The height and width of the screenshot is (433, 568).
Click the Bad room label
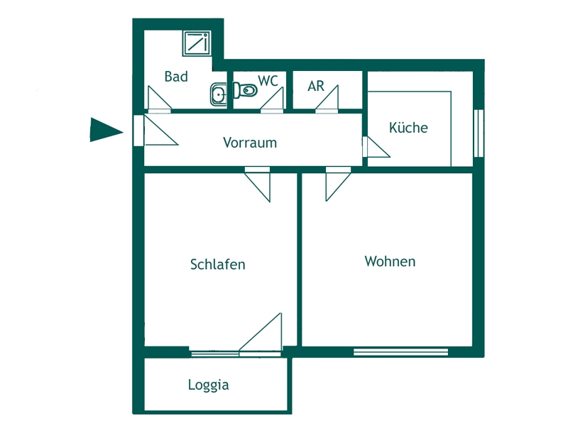tap(176, 77)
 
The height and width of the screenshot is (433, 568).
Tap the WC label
tap(268, 81)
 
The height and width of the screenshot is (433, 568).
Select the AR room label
tap(316, 87)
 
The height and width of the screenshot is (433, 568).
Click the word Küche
tap(408, 128)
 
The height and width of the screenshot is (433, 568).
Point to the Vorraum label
tap(250, 143)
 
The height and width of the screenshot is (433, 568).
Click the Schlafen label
tap(218, 265)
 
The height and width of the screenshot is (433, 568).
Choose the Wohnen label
tap(390, 262)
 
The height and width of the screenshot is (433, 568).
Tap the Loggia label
tap(208, 385)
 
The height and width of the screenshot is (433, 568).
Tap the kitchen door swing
tap(376, 148)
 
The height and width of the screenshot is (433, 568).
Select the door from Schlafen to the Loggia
tap(262, 334)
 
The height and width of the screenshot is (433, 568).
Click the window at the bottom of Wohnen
tap(401, 351)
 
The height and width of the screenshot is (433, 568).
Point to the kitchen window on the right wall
tap(479, 133)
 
